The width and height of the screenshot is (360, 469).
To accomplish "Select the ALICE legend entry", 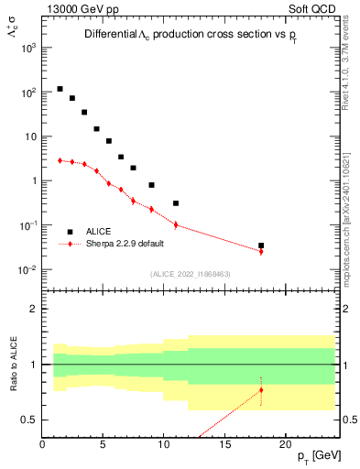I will click(100, 232).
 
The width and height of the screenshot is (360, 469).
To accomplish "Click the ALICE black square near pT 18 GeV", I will click(261, 245).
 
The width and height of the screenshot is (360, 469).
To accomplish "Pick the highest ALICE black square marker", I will click(60, 89).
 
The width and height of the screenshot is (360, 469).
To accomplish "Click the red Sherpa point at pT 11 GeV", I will click(176, 224).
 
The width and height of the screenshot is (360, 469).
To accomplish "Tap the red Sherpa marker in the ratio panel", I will click(261, 390).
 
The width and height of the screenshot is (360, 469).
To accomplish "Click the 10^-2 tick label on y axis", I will click(27, 269).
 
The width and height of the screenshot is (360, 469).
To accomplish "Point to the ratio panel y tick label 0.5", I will click(29, 420).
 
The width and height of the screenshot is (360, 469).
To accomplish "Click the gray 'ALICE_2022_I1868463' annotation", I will click(191, 274).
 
